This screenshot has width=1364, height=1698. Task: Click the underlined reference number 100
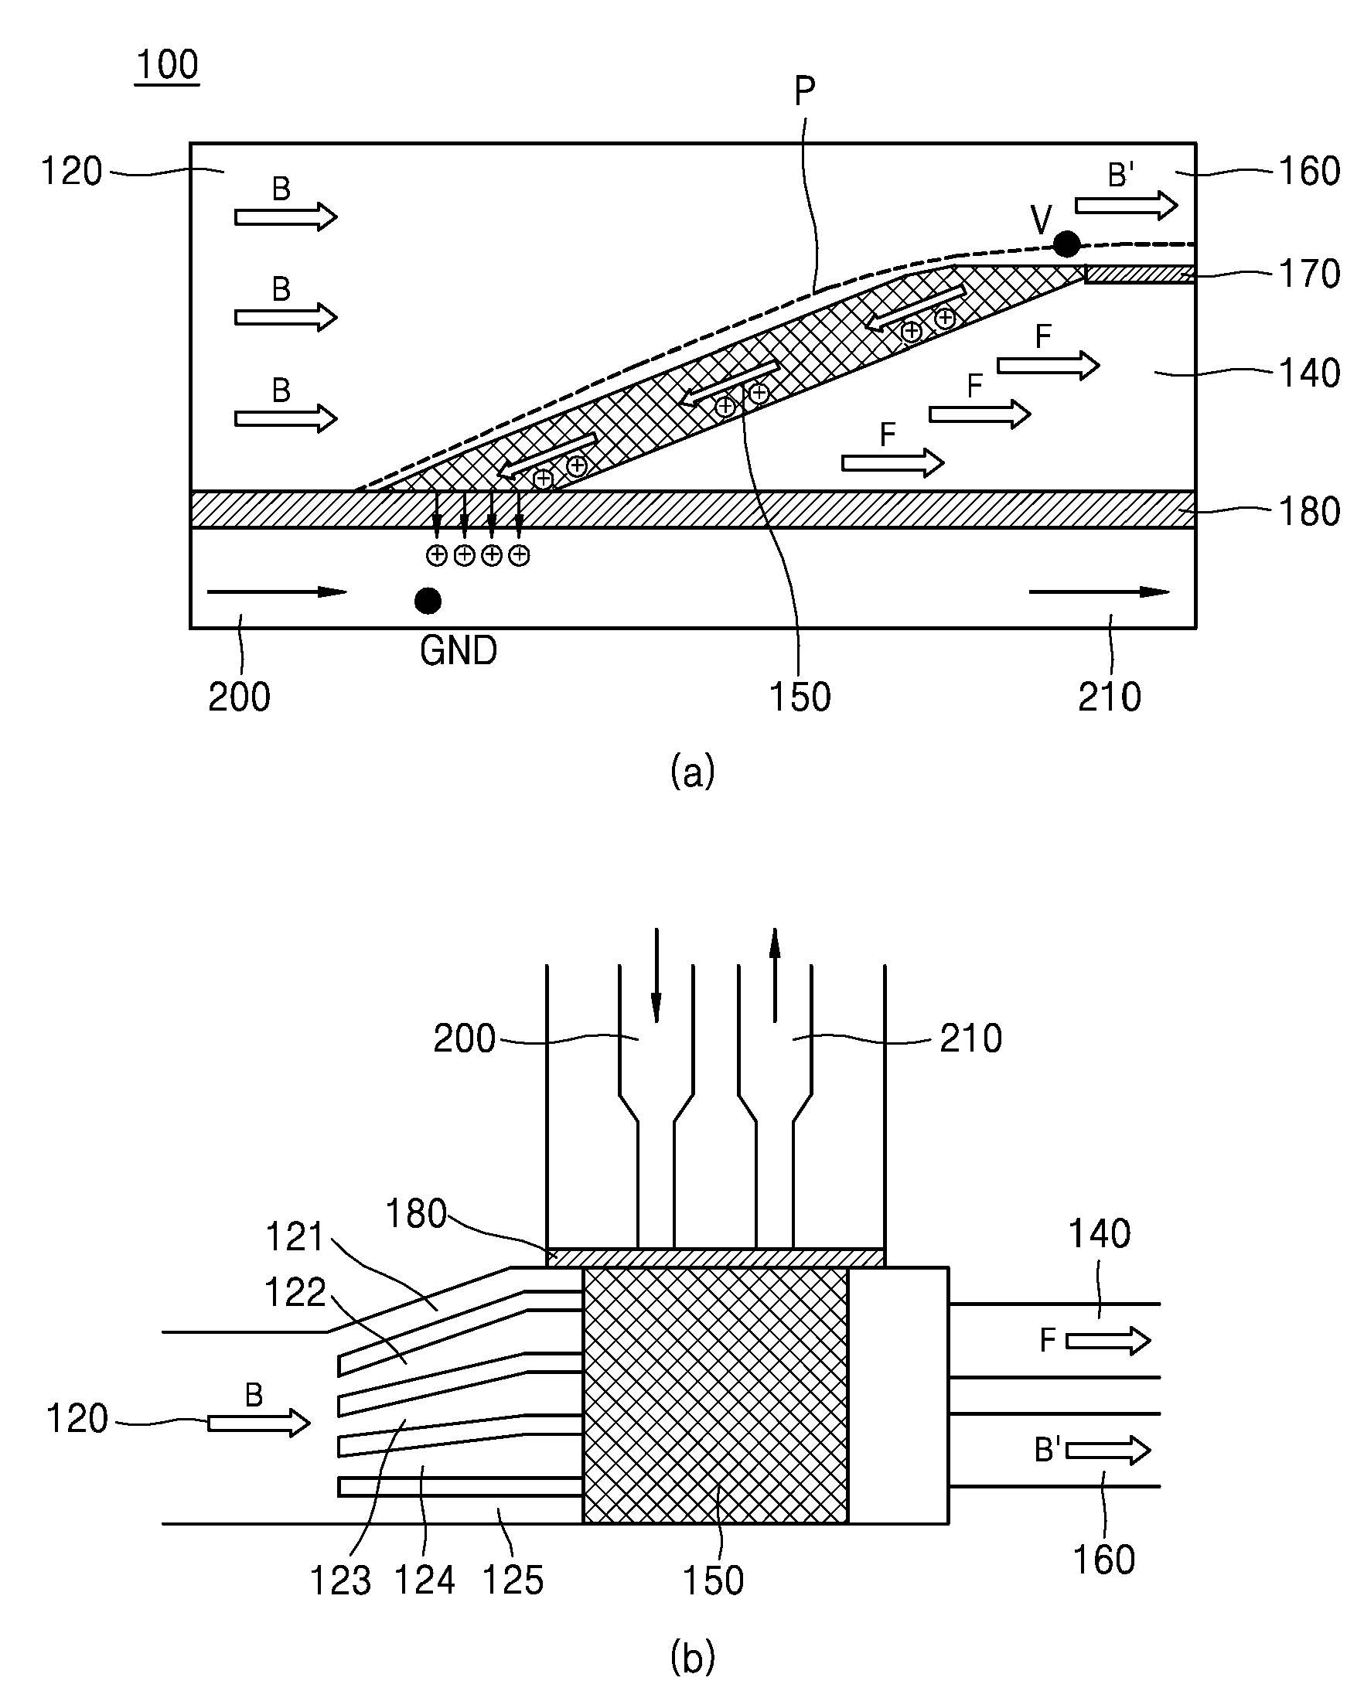coord(167,65)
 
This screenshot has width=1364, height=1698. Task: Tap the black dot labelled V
coord(1066,244)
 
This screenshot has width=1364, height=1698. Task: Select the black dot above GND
coord(428,601)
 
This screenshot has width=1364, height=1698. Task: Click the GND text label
coord(459,650)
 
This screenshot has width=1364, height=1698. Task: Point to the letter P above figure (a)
coord(804,92)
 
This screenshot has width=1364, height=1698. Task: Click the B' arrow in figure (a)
coord(1126,206)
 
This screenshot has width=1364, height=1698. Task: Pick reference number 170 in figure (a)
coord(1309,273)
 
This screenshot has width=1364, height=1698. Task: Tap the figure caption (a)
coord(692,770)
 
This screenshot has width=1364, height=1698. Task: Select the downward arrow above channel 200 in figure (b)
coord(656,975)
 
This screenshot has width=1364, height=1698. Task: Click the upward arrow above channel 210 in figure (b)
coord(775,975)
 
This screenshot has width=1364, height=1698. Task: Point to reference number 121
coord(295,1236)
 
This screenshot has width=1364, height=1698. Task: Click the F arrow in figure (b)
coord(1108,1340)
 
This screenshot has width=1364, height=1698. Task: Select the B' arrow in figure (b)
coord(1108,1450)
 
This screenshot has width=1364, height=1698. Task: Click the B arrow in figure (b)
coord(259,1423)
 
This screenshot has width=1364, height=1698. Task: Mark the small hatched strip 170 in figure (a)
coord(1140,274)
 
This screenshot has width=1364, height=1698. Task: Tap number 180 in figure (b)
coord(416,1214)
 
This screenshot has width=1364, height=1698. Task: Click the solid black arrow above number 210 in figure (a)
coord(1100,592)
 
